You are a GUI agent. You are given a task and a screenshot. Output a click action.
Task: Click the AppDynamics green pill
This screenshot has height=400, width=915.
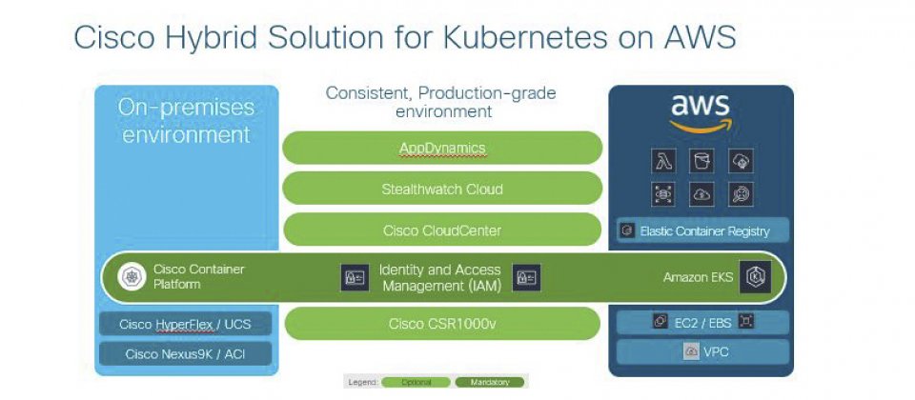coord(442,148)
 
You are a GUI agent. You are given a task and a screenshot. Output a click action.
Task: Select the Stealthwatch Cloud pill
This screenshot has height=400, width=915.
coord(442,189)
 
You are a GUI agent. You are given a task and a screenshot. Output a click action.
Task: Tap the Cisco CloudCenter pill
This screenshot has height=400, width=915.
coord(442,230)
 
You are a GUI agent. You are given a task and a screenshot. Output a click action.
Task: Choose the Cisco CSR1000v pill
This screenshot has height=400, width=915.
coord(442,324)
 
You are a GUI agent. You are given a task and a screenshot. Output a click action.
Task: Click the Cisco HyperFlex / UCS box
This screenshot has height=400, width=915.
coord(184,324)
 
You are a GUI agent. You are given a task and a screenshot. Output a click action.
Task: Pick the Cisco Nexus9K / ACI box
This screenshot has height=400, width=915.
coord(184,353)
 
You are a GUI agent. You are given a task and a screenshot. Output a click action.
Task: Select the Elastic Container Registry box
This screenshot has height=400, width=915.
coord(703,230)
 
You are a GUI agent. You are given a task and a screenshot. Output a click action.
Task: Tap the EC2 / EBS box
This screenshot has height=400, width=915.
coord(703,322)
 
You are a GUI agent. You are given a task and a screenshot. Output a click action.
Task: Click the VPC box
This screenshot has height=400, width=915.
coord(703,351)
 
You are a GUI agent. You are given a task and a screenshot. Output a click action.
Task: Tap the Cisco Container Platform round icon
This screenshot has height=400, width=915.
coord(130,277)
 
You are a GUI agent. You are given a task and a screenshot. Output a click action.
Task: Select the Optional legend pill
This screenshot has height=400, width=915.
coord(416,382)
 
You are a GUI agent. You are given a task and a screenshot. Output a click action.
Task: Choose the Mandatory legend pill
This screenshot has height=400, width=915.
coord(489,382)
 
